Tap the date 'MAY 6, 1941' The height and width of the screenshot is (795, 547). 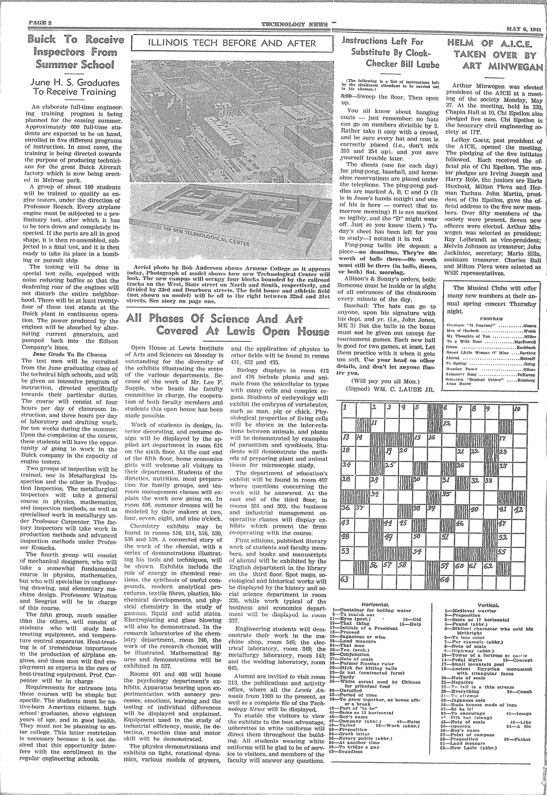coord(523,29)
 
